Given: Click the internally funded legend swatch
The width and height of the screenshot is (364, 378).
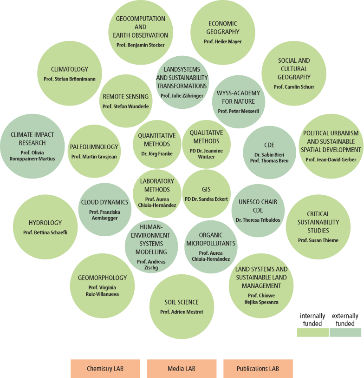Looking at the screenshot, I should pyautogui.click(x=312, y=332).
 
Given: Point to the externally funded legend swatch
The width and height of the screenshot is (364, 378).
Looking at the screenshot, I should pyautogui.click(x=345, y=332).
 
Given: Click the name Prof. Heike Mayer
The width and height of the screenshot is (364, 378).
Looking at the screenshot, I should pyautogui.click(x=223, y=41).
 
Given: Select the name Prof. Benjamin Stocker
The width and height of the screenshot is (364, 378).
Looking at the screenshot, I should pyautogui.click(x=141, y=45).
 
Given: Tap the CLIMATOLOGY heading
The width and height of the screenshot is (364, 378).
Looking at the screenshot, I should pyautogui.click(x=70, y=69).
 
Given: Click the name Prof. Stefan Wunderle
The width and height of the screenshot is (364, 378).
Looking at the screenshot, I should pyautogui.click(x=126, y=106).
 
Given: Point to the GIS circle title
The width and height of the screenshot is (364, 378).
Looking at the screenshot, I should pyautogui.click(x=206, y=190).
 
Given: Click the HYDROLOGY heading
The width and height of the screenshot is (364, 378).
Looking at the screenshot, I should pyautogui.click(x=45, y=223).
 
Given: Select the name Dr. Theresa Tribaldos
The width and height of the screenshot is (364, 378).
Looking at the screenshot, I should pyautogui.click(x=258, y=220).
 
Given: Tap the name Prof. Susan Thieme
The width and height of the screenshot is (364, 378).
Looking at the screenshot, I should pyautogui.click(x=318, y=240).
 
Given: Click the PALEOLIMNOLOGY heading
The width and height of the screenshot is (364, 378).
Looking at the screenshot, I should pyautogui.click(x=94, y=147).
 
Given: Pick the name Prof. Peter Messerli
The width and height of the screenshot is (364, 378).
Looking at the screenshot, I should pyautogui.click(x=239, y=111).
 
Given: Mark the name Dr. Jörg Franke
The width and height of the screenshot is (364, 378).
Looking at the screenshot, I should pyautogui.click(x=156, y=153).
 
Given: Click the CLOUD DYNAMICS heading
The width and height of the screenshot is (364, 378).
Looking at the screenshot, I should pyautogui.click(x=104, y=202).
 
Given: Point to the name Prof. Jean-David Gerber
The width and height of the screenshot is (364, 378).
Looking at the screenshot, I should pyautogui.click(x=331, y=159).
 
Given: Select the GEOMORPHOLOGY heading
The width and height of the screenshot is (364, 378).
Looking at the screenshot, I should pyautogui.click(x=102, y=278).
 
